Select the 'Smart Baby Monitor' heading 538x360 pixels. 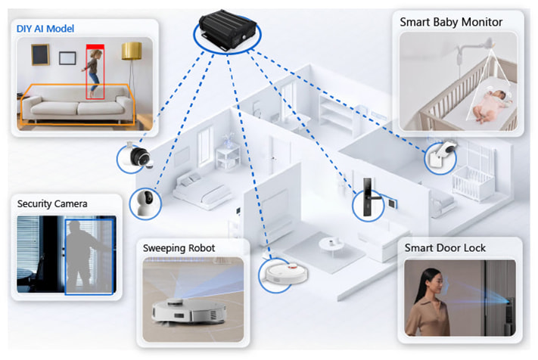point(450,22)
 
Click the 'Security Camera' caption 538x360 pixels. point(52,204)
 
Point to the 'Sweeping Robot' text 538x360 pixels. point(179,248)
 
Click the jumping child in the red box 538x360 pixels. point(94,72)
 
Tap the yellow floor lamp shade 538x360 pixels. point(132,51)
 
